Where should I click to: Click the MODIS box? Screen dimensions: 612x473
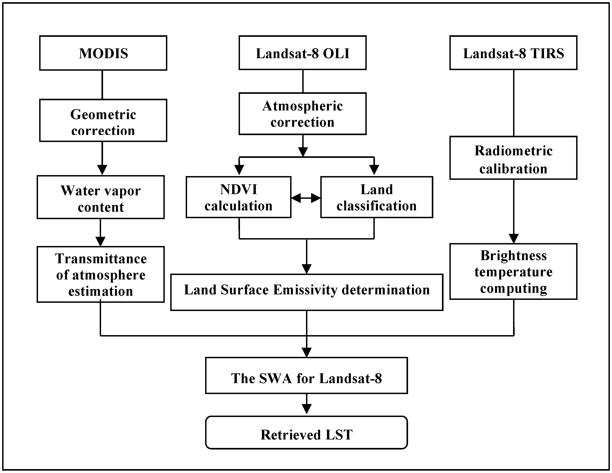coord(103,53)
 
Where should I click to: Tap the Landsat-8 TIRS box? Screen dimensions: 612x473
coord(513,53)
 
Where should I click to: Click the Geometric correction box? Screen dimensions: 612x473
coord(103,120)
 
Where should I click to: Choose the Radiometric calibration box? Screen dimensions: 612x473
coord(513,158)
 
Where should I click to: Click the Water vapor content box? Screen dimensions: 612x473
coord(101,197)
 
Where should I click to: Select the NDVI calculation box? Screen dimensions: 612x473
coord(238,197)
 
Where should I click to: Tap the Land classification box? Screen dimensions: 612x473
coord(376,197)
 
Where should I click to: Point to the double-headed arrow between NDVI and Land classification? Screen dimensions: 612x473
coord(306,198)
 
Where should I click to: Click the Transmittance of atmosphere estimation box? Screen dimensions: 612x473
coord(101,274)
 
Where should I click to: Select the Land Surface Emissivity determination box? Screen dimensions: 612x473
coord(307,292)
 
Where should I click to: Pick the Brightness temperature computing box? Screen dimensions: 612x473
coord(513,271)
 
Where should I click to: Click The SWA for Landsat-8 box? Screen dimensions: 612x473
coord(306,375)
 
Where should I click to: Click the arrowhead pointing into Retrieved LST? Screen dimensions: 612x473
coord(307,409)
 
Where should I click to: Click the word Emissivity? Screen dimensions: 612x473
coord(305,290)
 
